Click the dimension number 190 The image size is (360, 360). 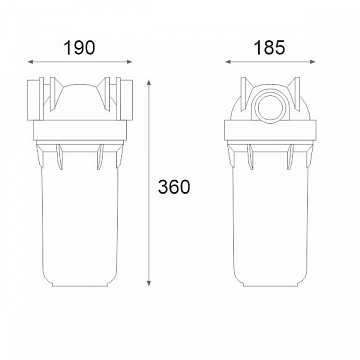tap(79, 48)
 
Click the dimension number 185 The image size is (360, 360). tap(270, 48)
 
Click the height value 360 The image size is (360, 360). tap(174, 187)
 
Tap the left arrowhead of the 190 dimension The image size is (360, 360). tap(30, 62)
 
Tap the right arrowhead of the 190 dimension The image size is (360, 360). tap(130, 62)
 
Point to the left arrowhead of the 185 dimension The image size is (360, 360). tap(228, 62)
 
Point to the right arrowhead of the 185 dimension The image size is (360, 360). tap(312, 62)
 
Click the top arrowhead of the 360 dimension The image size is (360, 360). tap(149, 82)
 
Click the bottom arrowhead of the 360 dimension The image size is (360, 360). tap(149, 283)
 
